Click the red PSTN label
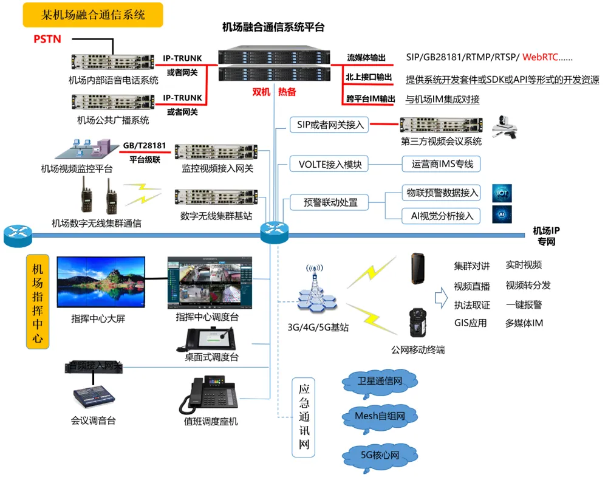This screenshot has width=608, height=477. tap(47, 39)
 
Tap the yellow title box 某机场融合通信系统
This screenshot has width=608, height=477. tap(93, 15)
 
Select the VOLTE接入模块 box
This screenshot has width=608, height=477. tap(330, 164)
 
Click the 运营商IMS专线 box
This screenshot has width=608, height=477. tap(442, 163)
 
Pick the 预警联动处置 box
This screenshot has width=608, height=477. tap(330, 202)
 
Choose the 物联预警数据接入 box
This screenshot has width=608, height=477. tap(442, 193)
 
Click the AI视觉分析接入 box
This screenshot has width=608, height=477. tap(442, 215)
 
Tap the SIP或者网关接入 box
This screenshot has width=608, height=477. tap(330, 125)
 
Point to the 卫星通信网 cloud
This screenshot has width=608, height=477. tap(380, 382)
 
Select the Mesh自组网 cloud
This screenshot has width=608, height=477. tap(380, 416)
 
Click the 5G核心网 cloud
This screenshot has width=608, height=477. tap(380, 455)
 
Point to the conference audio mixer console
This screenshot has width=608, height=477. tap(94, 396)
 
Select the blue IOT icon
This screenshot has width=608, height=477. tap(502, 193)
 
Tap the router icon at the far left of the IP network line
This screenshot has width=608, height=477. tap(18, 236)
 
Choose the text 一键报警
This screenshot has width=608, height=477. tap(524, 304)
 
